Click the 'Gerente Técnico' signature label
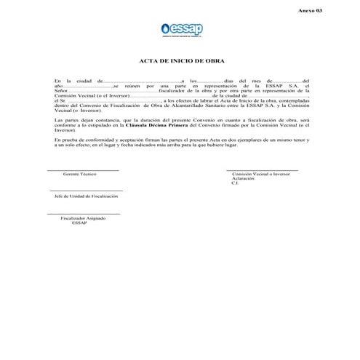point(79,175)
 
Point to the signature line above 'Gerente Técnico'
point(82,170)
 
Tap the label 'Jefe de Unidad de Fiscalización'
point(86,196)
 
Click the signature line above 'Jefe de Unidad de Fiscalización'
point(86,191)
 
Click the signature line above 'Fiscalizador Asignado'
point(84,213)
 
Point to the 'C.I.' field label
point(235,183)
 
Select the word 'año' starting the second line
point(60,86)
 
